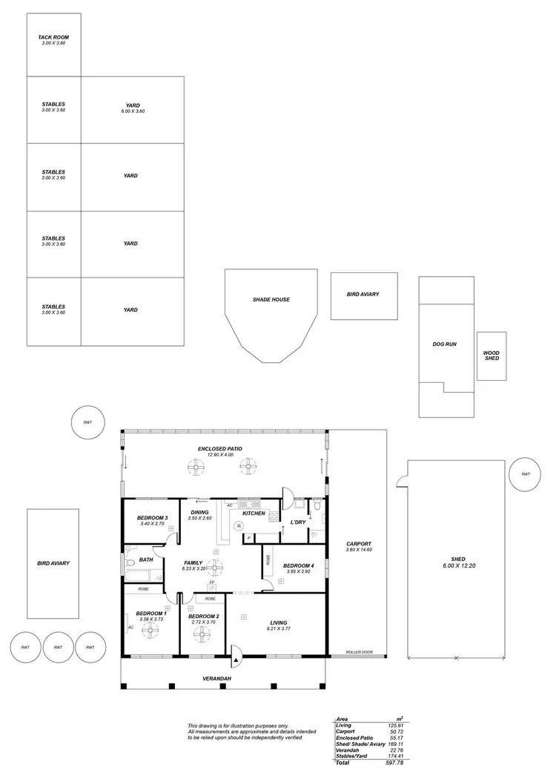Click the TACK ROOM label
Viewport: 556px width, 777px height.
[53, 36]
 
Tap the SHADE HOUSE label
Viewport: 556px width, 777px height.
[271, 300]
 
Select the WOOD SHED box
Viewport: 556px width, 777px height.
[492, 356]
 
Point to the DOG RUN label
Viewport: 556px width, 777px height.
[445, 344]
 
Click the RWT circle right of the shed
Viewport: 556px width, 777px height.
[526, 474]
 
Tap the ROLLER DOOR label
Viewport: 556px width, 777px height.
[359, 653]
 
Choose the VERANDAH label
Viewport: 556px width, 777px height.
[217, 679]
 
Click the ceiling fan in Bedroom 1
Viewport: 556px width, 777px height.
[150, 630]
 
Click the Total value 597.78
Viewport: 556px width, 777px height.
[393, 763]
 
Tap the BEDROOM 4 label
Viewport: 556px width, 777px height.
[299, 566]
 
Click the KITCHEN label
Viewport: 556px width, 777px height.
[254, 514]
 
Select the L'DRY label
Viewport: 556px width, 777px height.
[298, 522]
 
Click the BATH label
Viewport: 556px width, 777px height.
[146, 560]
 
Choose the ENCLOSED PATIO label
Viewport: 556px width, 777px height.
[220, 449]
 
